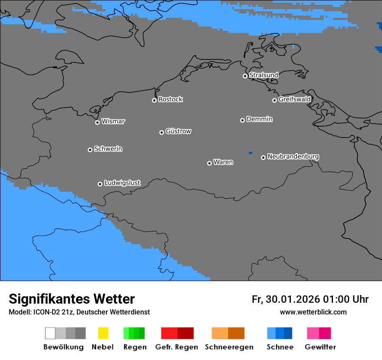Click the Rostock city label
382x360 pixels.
pyautogui.click(x=170, y=99)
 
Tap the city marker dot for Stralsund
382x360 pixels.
pyautogui.click(x=245, y=76)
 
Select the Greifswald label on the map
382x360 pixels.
pyautogui.click(x=294, y=99)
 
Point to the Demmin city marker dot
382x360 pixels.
pyautogui.click(x=242, y=120)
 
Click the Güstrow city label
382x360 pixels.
pyautogui.click(x=178, y=131)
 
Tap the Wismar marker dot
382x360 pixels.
pyautogui.click(x=97, y=122)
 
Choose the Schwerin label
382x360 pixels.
pyautogui.click(x=108, y=149)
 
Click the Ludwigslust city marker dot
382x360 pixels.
pyautogui.click(x=100, y=184)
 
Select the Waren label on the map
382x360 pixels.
pyautogui.click(x=223, y=162)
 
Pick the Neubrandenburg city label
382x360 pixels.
pyautogui.click(x=293, y=156)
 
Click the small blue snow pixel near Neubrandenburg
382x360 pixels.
pyautogui.click(x=250, y=153)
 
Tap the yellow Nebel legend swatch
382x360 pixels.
pyautogui.click(x=103, y=333)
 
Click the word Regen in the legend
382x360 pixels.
pyautogui.click(x=135, y=347)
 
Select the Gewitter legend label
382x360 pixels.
pyautogui.click(x=320, y=347)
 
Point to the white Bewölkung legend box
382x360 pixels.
pyautogui.click(x=50, y=333)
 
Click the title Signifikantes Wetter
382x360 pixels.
pyautogui.click(x=72, y=299)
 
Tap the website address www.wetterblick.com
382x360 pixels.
pyautogui.click(x=313, y=312)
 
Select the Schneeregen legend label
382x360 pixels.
pyautogui.click(x=229, y=347)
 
